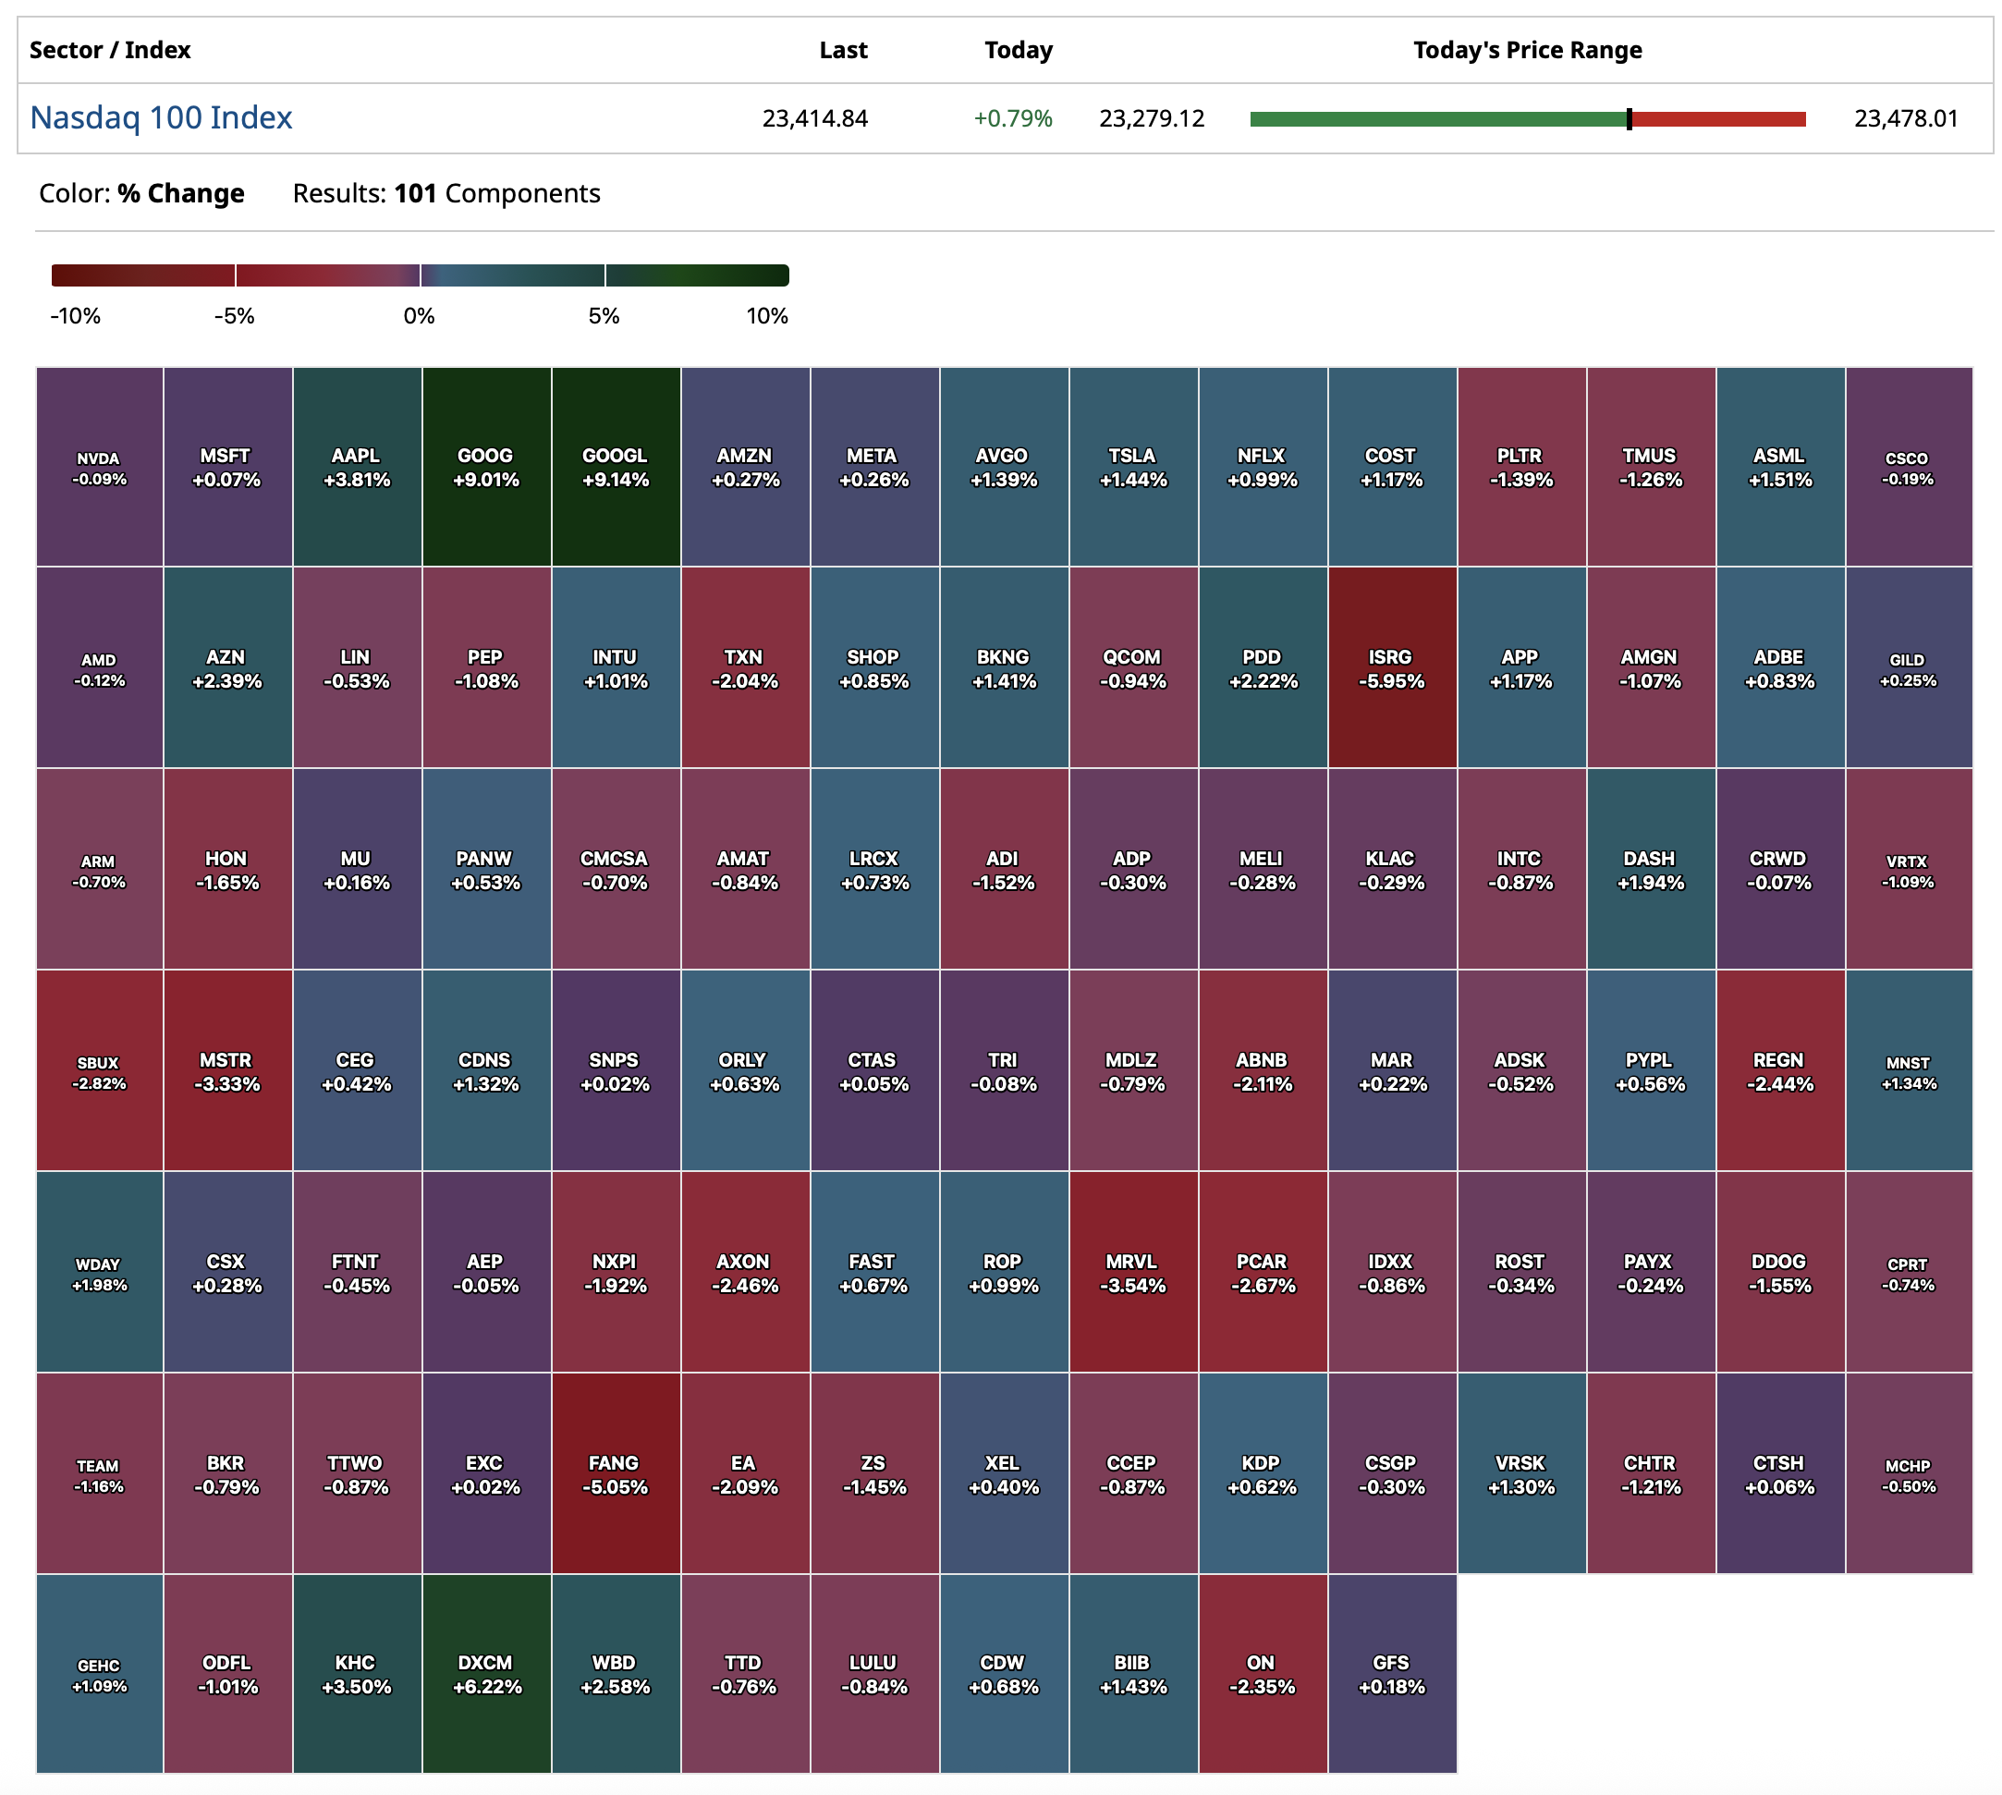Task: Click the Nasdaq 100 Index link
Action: pos(161,117)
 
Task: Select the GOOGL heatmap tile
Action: pos(616,467)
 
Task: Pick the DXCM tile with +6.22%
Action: pos(486,1674)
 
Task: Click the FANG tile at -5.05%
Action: pos(616,1473)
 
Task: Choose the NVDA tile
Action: pos(99,467)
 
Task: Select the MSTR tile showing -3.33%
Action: pos(226,1071)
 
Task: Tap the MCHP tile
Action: pos(1908,1473)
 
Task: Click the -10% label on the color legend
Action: pos(75,315)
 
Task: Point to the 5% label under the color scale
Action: pos(604,315)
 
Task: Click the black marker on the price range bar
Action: pos(1629,119)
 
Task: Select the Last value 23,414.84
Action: pos(813,118)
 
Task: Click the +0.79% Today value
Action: pos(1012,118)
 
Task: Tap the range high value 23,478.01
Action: pos(1904,118)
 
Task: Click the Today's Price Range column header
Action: pos(1527,50)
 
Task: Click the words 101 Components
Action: pos(496,193)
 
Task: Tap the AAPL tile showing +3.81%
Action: pos(356,467)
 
